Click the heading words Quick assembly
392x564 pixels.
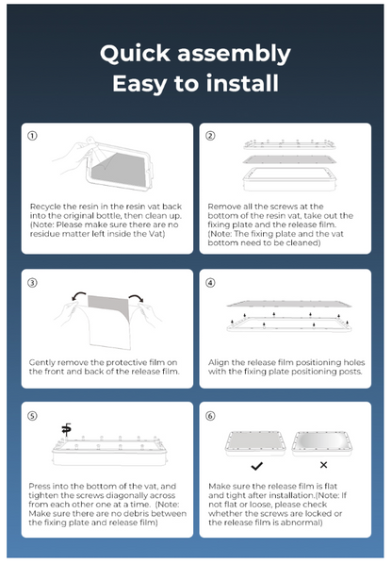(x=195, y=53)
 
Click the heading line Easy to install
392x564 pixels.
(x=195, y=84)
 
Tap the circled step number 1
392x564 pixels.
(x=32, y=136)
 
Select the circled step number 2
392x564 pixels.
(x=210, y=136)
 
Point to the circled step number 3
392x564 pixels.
(x=32, y=282)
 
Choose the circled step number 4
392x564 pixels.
(x=210, y=282)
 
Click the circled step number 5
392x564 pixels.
(x=32, y=415)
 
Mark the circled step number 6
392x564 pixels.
(x=210, y=415)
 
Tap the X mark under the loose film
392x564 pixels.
(x=323, y=466)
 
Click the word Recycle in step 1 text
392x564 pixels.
(x=44, y=205)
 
